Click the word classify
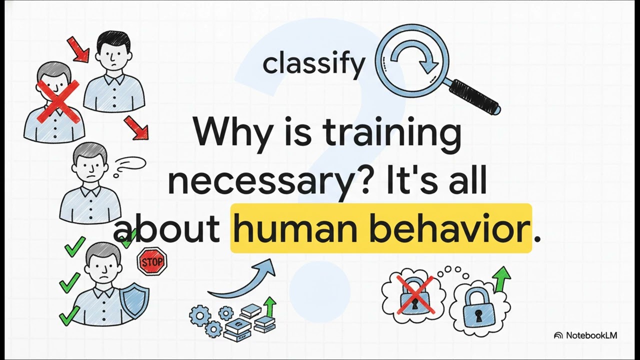313,64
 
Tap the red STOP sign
152,261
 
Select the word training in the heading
392,133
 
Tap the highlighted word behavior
448,229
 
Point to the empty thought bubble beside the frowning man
131,163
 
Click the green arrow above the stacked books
270,306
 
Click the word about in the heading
167,229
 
